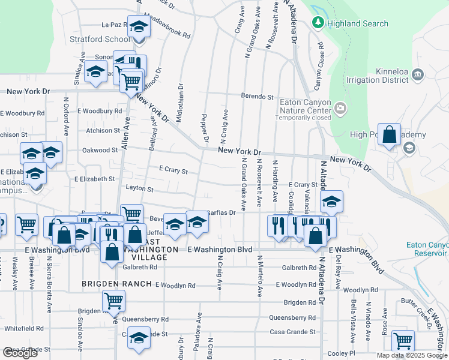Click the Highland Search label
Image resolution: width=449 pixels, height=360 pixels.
tap(358, 23)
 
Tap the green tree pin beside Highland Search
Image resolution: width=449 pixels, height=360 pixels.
tap(318, 23)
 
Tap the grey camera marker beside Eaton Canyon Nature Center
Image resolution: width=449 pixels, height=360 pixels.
tap(340, 109)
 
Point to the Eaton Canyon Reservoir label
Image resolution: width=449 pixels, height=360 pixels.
tap(427, 248)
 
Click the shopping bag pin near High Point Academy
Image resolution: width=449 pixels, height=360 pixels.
tap(390, 136)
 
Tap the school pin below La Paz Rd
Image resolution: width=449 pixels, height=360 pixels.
tap(139, 28)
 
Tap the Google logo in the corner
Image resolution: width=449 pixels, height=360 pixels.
tap(20, 353)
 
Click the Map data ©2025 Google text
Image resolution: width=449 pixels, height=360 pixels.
tap(412, 355)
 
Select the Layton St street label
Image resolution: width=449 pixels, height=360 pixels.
tap(139, 189)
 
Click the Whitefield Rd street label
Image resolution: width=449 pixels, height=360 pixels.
tap(23, 328)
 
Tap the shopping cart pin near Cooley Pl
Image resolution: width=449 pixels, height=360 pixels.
tap(403, 341)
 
